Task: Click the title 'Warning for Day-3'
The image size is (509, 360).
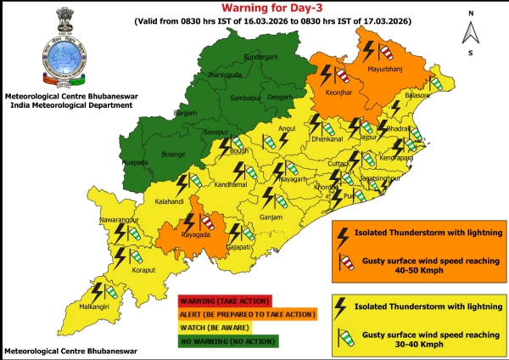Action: [x=255, y=8]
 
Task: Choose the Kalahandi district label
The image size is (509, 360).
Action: [x=170, y=202]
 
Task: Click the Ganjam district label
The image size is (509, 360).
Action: [x=271, y=217]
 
